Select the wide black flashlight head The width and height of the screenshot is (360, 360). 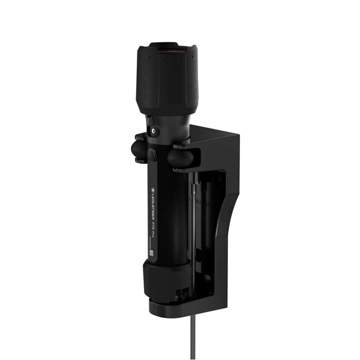(x=167, y=78)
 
